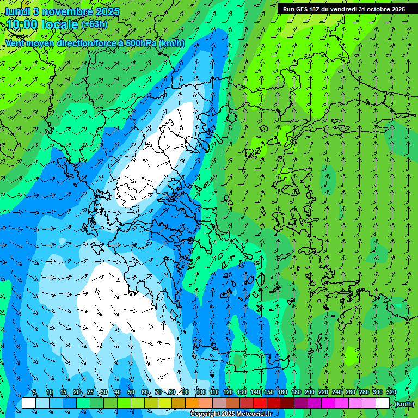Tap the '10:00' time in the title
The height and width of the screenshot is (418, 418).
click(x=23, y=24)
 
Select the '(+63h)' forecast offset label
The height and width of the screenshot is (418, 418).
click(x=94, y=24)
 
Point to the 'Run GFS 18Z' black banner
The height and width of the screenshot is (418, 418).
click(x=344, y=9)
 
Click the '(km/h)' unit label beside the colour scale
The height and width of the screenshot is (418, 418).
click(x=404, y=404)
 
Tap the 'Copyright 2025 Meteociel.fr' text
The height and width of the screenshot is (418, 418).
click(x=231, y=414)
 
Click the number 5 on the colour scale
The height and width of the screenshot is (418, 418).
click(x=35, y=392)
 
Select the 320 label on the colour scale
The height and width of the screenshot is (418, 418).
click(x=391, y=392)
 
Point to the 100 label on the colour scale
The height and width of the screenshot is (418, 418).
click(x=200, y=392)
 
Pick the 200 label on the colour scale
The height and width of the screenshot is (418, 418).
click(x=310, y=392)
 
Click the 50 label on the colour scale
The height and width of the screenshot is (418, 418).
click(x=131, y=392)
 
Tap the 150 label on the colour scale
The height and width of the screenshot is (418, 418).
click(x=269, y=392)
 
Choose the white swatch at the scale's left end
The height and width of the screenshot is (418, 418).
click(x=29, y=403)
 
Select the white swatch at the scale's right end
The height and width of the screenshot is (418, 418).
click(x=383, y=403)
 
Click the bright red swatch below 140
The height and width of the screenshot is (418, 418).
click(x=260, y=403)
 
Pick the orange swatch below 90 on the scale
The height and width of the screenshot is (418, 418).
click(x=192, y=403)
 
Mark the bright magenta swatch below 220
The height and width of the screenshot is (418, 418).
click(x=328, y=403)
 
